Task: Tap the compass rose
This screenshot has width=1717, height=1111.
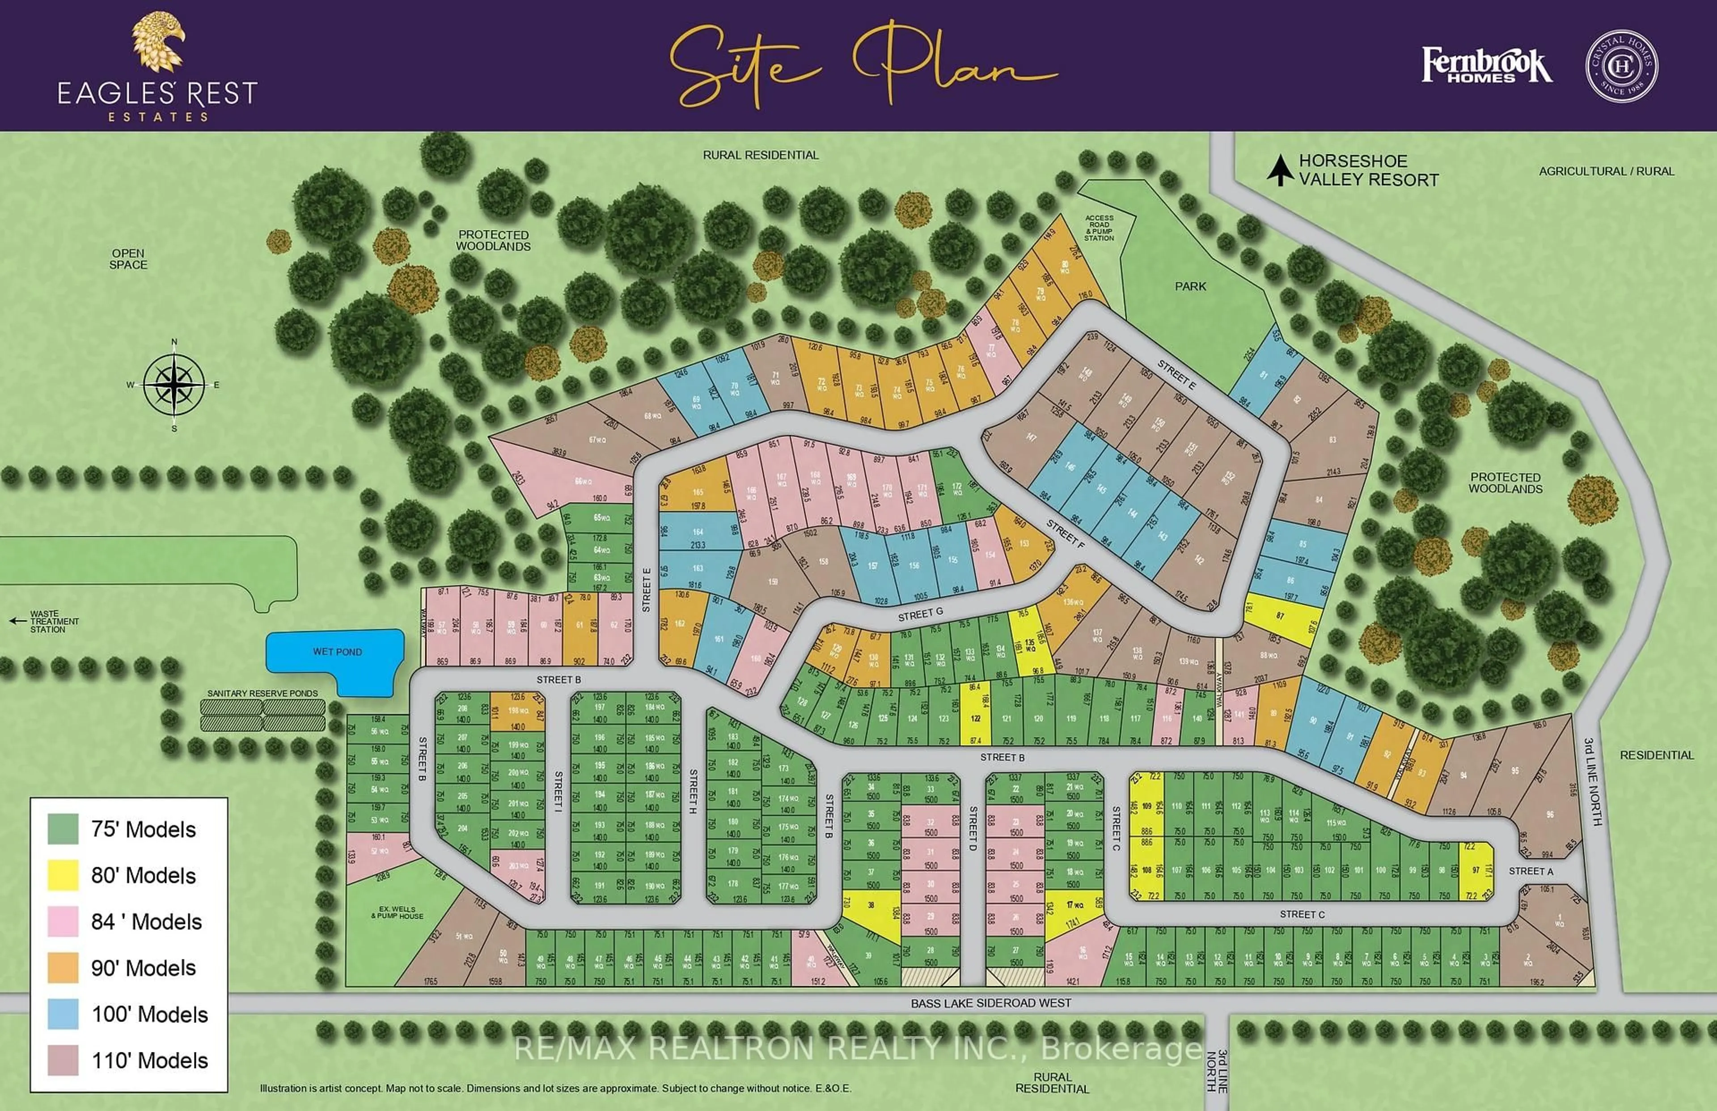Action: pyautogui.click(x=174, y=385)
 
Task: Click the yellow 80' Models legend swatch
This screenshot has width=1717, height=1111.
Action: pyautogui.click(x=63, y=875)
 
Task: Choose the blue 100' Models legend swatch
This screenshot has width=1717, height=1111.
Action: pyautogui.click(x=63, y=1013)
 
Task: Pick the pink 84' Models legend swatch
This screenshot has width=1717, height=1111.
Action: pyautogui.click(x=63, y=921)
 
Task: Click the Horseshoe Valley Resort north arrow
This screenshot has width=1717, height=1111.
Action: pyautogui.click(x=1280, y=170)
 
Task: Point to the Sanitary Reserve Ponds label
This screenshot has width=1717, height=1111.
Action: pyautogui.click(x=262, y=693)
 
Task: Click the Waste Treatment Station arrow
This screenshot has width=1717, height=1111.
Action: pyautogui.click(x=17, y=620)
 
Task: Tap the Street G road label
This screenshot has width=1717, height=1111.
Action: pyautogui.click(x=920, y=615)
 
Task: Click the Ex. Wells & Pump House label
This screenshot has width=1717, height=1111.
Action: pyautogui.click(x=398, y=912)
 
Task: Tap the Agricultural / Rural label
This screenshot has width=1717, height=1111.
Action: pyautogui.click(x=1606, y=171)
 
